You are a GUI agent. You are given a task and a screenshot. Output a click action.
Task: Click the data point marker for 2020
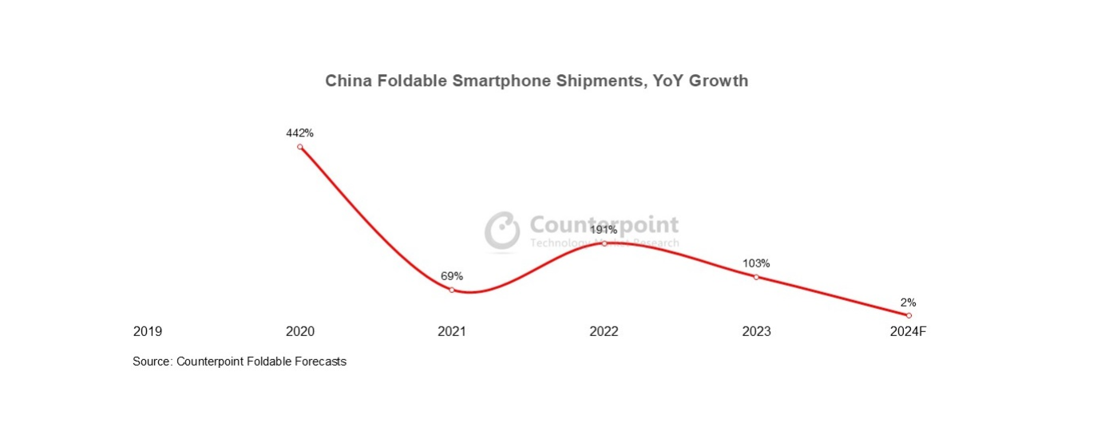coord(300,147)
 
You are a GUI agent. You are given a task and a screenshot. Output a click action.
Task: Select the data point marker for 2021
coord(452,290)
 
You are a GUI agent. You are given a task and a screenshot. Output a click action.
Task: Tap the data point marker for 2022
coord(604,243)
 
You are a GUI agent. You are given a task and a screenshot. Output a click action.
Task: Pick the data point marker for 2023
coord(756,277)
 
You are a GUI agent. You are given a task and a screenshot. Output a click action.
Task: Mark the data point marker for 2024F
coord(909,315)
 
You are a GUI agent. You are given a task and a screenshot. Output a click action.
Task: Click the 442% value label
coord(300,133)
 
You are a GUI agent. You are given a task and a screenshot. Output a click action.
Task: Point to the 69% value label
coord(452,276)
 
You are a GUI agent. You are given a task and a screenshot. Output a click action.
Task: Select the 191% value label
coord(604,230)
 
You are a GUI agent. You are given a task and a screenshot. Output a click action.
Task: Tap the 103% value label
coord(756,263)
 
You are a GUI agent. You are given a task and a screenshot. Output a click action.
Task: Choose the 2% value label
coord(908,302)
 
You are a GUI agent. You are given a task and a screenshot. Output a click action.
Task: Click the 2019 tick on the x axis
coord(148,331)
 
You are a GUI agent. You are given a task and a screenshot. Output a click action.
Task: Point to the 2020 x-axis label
coord(300,331)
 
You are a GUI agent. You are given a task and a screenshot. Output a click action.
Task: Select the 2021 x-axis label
coord(452,331)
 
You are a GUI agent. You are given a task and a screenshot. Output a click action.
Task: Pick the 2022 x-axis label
coord(604,331)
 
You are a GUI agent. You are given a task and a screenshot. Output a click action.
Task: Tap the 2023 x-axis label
coord(756,331)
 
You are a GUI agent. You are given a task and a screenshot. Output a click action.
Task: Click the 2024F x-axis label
coord(908,331)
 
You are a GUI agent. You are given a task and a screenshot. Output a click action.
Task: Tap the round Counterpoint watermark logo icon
coord(503,231)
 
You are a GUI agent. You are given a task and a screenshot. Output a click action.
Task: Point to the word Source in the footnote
coord(151,362)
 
